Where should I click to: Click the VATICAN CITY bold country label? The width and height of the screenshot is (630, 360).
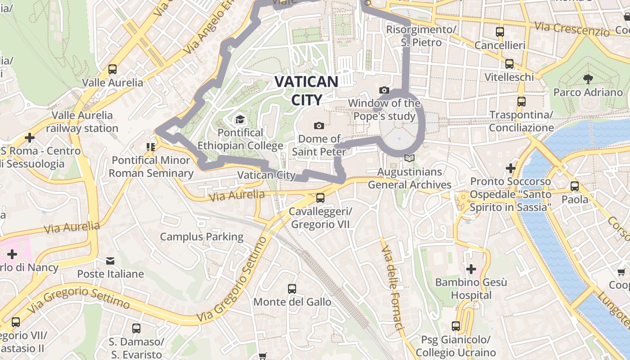coord(306,90)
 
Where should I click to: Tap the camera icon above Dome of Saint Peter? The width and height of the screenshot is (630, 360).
coord(319,125)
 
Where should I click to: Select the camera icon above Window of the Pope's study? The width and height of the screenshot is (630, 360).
coord(384,90)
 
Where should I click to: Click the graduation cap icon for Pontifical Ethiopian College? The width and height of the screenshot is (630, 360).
coord(240,119)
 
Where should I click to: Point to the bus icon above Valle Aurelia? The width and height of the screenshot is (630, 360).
coord(112,69)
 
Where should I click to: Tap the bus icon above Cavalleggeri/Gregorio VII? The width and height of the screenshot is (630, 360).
coord(320,198)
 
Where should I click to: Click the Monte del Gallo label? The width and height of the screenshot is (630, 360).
coord(292,301)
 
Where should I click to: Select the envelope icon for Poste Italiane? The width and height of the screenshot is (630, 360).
coord(110,261)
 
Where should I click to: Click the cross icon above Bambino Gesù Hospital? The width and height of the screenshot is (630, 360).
coord(471,269)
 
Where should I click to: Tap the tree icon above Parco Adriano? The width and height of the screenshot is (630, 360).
coord(587,79)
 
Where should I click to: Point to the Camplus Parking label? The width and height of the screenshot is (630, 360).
coord(202,237)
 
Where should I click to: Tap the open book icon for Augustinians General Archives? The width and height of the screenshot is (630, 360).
coord(409,158)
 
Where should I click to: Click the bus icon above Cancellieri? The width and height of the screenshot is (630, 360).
coord(499,32)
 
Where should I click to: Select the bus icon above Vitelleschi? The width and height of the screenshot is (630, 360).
coord(509,64)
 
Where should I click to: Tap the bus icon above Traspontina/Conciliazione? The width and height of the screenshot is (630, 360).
coord(521,102)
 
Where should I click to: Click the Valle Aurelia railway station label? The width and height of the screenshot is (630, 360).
coord(82,122)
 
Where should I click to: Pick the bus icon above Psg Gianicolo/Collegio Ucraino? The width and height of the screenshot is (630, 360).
coord(456,326)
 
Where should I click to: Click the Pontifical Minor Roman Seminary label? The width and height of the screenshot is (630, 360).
coord(151,166)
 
